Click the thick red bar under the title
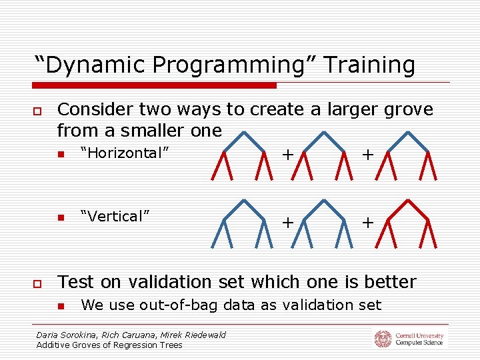point(155,85)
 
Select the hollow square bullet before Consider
point(39,110)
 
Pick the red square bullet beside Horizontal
point(59,154)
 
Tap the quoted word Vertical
point(114,216)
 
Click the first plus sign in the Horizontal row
point(287,155)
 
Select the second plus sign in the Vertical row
point(367,222)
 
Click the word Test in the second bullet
point(77,282)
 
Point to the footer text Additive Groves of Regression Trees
point(109,345)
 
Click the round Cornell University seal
point(383,339)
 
